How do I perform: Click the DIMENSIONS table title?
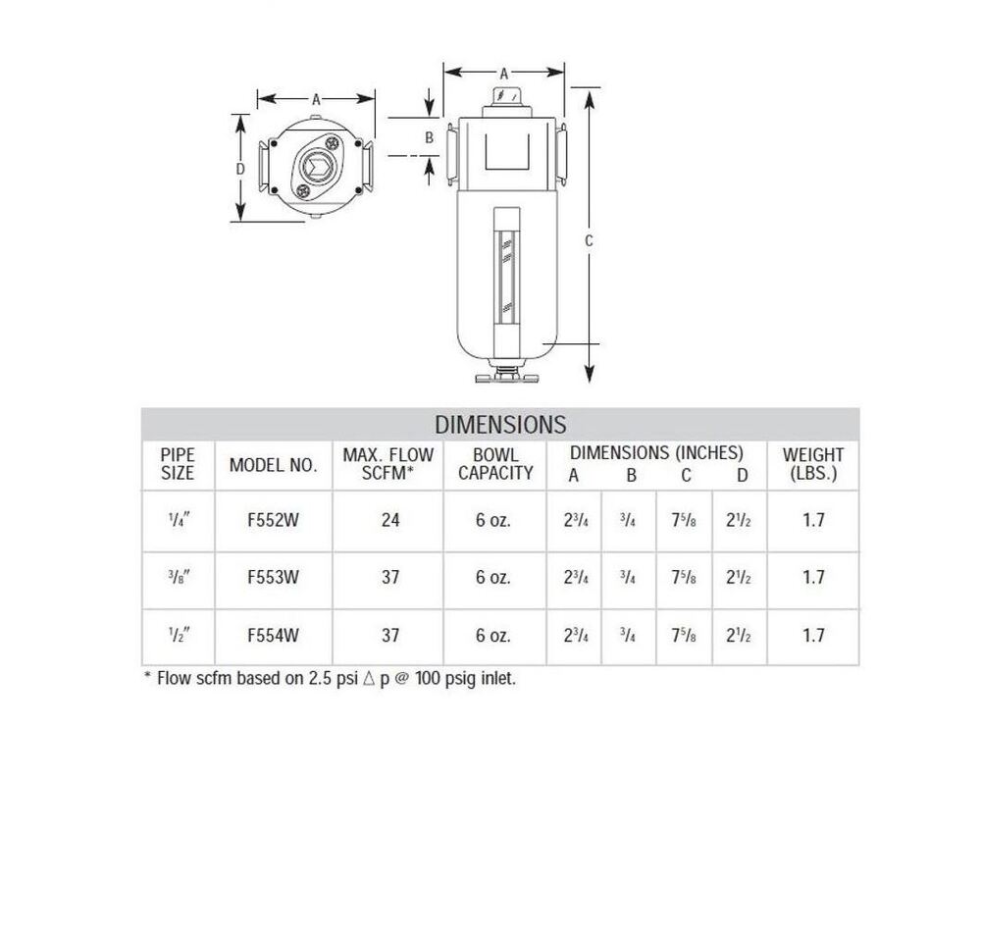click(500, 425)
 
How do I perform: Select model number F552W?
click(274, 520)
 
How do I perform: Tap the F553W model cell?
click(274, 577)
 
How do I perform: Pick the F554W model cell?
click(274, 635)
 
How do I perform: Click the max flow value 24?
click(390, 520)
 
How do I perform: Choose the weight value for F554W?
click(813, 635)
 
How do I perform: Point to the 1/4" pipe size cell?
click(179, 520)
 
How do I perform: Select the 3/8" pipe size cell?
click(179, 577)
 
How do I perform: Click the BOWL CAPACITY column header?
click(495, 464)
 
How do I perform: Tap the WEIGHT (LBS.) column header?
click(813, 464)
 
